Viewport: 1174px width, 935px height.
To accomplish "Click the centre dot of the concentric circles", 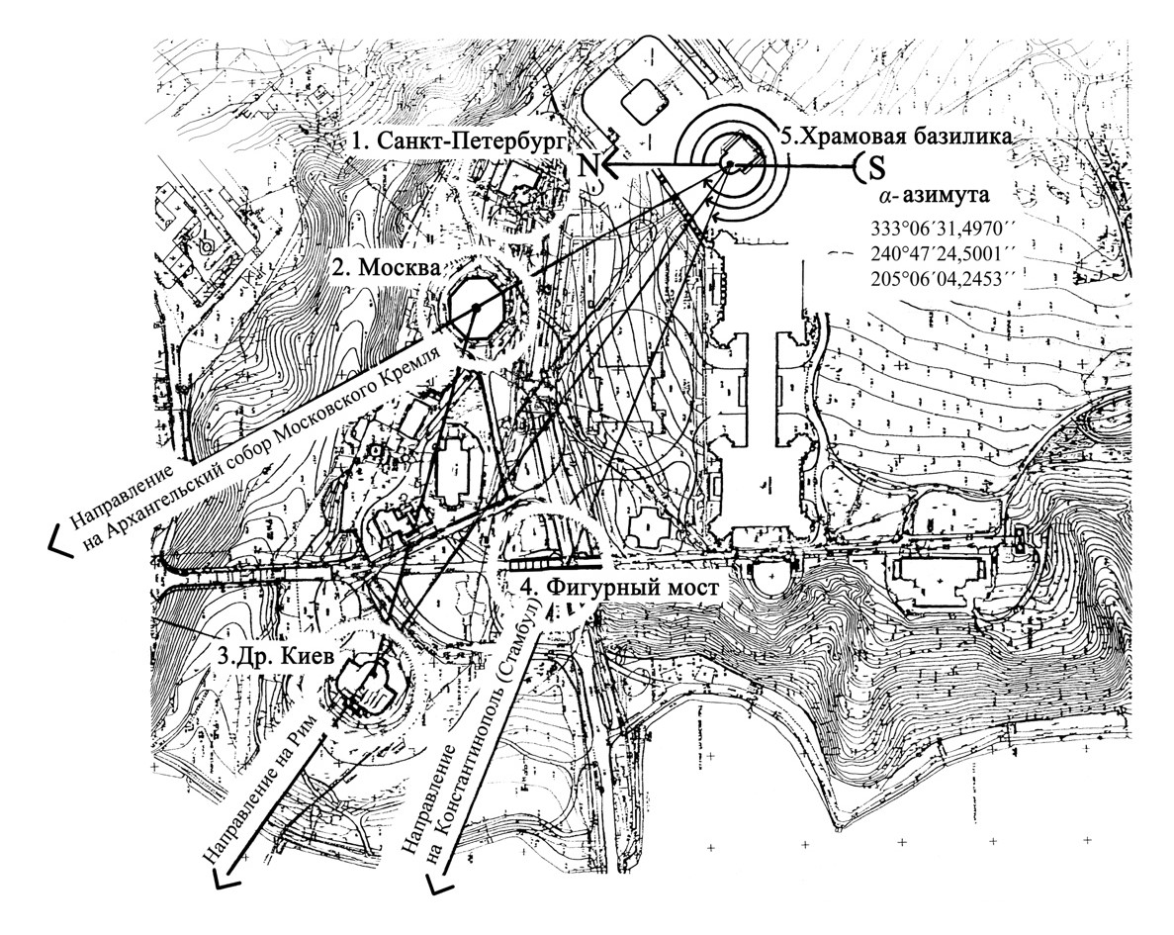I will [x=729, y=163].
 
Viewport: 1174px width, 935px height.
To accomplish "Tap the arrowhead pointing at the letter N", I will [x=612, y=164].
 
